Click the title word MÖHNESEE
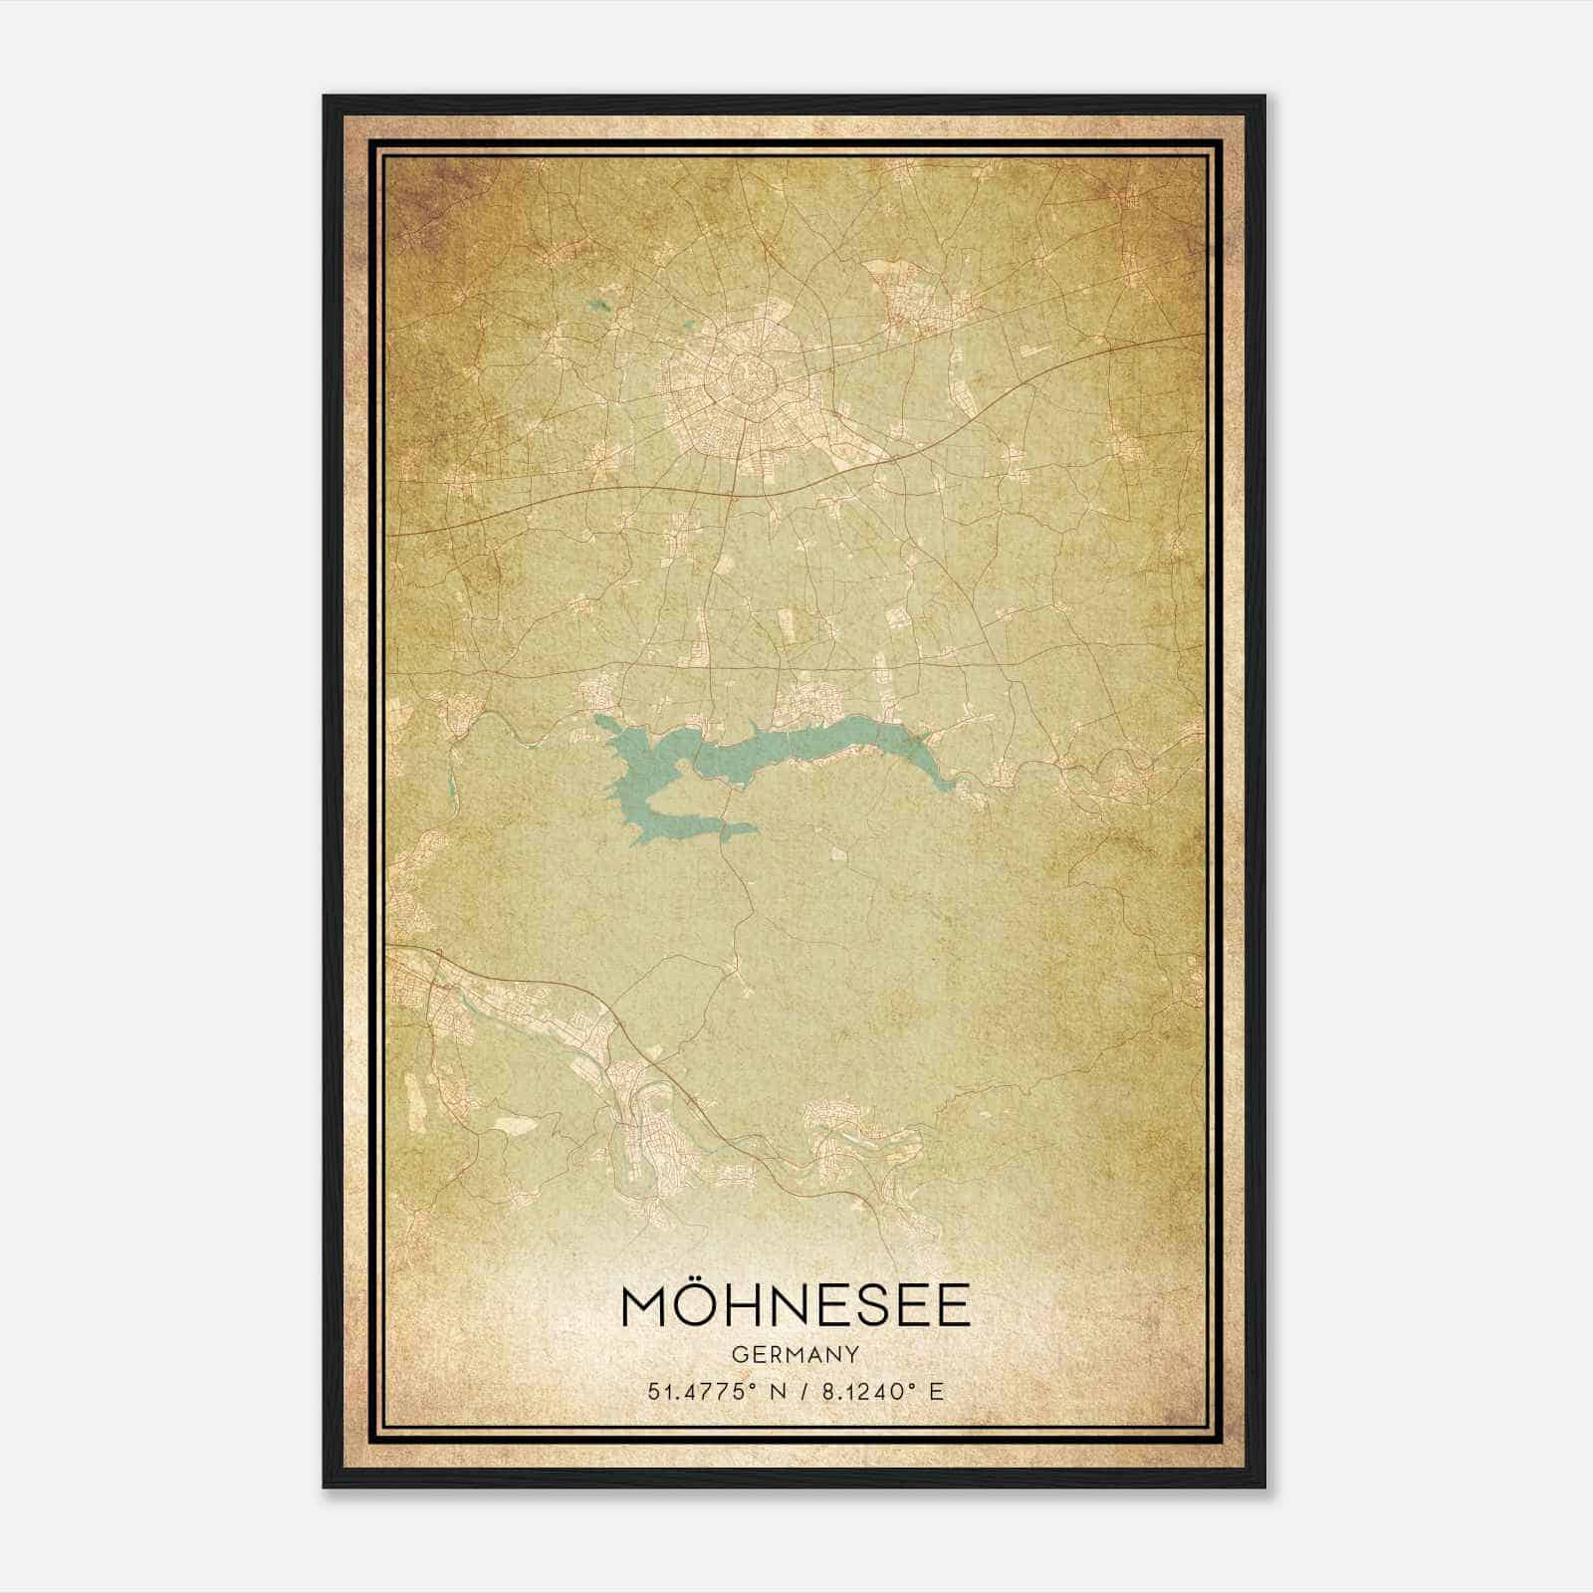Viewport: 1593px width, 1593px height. click(x=796, y=1307)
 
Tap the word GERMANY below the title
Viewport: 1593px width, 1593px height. click(x=796, y=1354)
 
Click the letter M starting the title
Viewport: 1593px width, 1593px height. click(x=645, y=1308)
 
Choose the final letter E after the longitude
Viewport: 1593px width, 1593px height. click(x=935, y=1392)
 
